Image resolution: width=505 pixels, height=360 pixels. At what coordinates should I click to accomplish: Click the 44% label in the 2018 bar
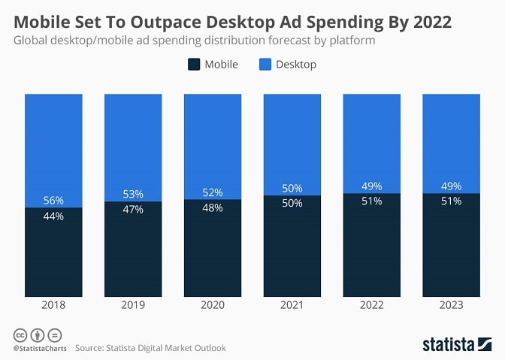[x=53, y=216]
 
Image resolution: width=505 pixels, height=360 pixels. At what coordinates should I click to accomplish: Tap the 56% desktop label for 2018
[x=53, y=201]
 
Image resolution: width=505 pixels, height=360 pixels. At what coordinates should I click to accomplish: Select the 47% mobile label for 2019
[x=133, y=210]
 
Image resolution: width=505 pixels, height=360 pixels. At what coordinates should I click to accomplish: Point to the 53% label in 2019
[x=133, y=195]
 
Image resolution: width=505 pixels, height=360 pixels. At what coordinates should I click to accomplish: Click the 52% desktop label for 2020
[x=213, y=192]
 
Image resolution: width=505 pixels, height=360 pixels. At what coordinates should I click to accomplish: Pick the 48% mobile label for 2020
[x=213, y=207]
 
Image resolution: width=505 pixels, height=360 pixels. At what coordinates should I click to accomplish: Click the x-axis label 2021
[x=292, y=305]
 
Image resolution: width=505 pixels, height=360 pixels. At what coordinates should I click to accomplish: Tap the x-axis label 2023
[x=451, y=305]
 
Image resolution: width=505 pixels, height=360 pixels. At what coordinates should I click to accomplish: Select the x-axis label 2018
[x=53, y=305]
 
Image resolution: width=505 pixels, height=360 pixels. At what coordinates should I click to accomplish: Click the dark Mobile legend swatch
[x=194, y=65]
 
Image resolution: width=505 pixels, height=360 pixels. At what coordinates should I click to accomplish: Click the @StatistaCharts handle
[x=39, y=348]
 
